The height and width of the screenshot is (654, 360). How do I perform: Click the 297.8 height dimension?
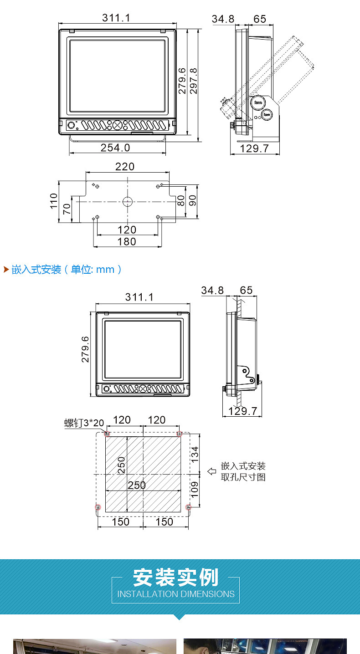(193, 81)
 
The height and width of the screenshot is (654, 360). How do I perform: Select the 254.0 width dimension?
(115, 148)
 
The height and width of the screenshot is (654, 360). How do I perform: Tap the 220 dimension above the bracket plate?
(125, 167)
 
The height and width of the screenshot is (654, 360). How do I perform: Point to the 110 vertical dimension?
(54, 201)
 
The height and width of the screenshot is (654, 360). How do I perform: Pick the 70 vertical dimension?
(67, 209)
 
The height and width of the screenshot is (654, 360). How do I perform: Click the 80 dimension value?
(181, 200)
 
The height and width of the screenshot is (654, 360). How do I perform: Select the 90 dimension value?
(193, 200)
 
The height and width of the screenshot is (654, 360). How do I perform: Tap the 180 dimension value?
(127, 242)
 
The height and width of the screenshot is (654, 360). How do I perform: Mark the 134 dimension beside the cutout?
(195, 455)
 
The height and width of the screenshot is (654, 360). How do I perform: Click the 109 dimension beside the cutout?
(195, 490)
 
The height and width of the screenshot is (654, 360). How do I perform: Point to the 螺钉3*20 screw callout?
(84, 423)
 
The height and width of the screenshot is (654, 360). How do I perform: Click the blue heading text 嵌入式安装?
(36, 270)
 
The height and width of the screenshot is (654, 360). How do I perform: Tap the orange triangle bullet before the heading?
(6, 269)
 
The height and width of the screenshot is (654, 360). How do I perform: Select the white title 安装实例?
(175, 577)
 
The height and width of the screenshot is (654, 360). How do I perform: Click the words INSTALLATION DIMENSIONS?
(176, 594)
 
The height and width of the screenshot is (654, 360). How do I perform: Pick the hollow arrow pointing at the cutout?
(211, 471)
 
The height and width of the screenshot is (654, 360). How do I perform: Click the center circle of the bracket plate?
(128, 201)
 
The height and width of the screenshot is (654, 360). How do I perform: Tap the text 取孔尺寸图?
(243, 477)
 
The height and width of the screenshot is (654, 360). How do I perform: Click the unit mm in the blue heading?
(105, 270)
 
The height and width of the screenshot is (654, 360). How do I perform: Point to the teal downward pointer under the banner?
(180, 617)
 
